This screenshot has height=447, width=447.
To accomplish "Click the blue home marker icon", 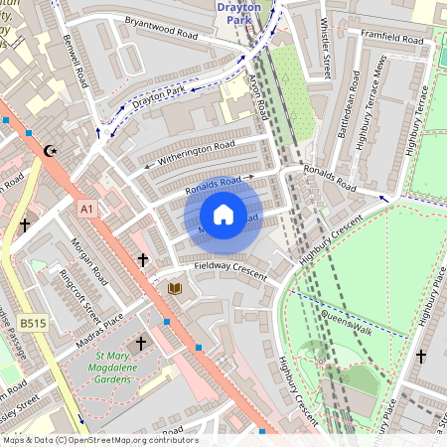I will click(x=223, y=215).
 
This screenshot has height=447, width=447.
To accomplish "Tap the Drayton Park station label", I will click(x=237, y=12).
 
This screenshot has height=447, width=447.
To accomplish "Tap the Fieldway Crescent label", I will click(x=231, y=268).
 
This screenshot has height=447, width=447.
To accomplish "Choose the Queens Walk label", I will click(x=345, y=318).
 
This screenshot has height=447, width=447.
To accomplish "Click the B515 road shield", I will click(x=33, y=323).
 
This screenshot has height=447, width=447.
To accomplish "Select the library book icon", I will click(x=176, y=288).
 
